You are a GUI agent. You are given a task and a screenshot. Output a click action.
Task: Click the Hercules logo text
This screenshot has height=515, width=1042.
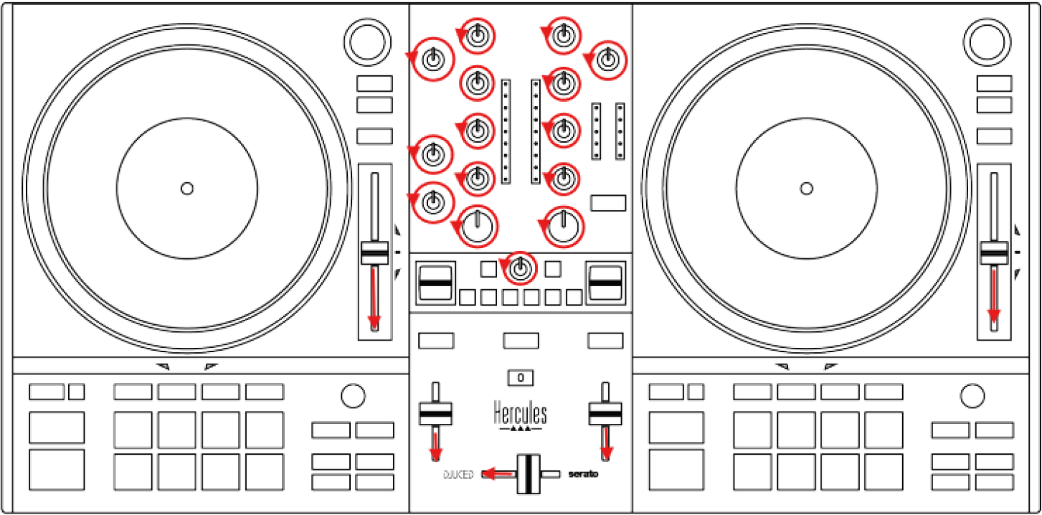[520, 414]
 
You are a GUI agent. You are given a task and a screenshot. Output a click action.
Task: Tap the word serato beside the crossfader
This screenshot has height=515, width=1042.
[582, 474]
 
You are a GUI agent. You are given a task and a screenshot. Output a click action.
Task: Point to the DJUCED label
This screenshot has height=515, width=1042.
[458, 475]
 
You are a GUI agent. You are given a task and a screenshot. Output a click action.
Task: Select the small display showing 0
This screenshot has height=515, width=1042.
[521, 377]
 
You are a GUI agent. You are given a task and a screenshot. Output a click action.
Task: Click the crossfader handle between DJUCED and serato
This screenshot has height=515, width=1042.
[528, 473]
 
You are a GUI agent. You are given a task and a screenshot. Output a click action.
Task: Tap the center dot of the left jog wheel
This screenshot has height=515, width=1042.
[187, 189]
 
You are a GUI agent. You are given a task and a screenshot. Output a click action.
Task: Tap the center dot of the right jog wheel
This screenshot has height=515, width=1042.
[807, 189]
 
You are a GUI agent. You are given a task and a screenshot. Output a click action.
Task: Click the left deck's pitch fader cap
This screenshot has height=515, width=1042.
[374, 253]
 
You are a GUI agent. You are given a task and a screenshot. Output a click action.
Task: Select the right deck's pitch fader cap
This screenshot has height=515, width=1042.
[994, 253]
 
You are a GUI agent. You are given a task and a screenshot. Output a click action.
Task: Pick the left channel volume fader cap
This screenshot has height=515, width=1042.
[435, 413]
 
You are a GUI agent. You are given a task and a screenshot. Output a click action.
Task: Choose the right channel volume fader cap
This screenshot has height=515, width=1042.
[605, 413]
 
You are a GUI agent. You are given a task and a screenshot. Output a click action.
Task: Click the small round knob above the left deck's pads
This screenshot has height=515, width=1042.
[353, 395]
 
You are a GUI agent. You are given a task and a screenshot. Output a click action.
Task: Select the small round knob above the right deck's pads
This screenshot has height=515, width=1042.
[972, 395]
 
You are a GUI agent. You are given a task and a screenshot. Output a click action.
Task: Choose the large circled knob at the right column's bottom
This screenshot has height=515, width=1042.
[564, 226]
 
